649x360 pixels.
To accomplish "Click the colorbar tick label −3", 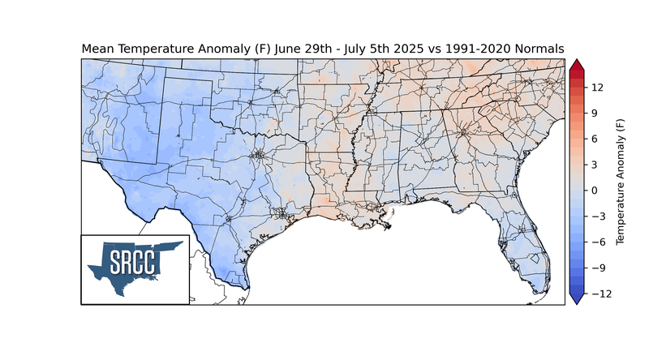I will [596, 216].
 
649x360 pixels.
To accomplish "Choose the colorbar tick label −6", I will [596, 242].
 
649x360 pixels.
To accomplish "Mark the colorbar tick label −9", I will [596, 268].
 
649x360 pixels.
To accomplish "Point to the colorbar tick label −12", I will [599, 294].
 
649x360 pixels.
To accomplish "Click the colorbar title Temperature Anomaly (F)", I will [621, 182].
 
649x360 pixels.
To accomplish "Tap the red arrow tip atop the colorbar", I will [577, 65].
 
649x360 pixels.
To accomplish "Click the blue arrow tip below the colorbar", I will [577, 299].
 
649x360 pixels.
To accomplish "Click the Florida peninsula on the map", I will [532, 243].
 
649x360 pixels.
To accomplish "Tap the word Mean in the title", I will [97, 49].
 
